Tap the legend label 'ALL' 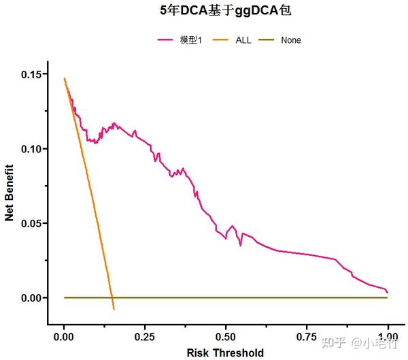point(243,40)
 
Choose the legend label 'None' point(290,40)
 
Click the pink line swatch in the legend point(166,40)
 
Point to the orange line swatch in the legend point(222,40)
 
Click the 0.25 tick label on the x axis point(146,337)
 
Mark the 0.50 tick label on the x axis point(226,337)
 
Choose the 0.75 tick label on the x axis point(307,337)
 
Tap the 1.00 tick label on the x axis point(388,337)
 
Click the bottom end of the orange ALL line point(114,309)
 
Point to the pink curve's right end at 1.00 point(387,292)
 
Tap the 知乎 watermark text point(335,342)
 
